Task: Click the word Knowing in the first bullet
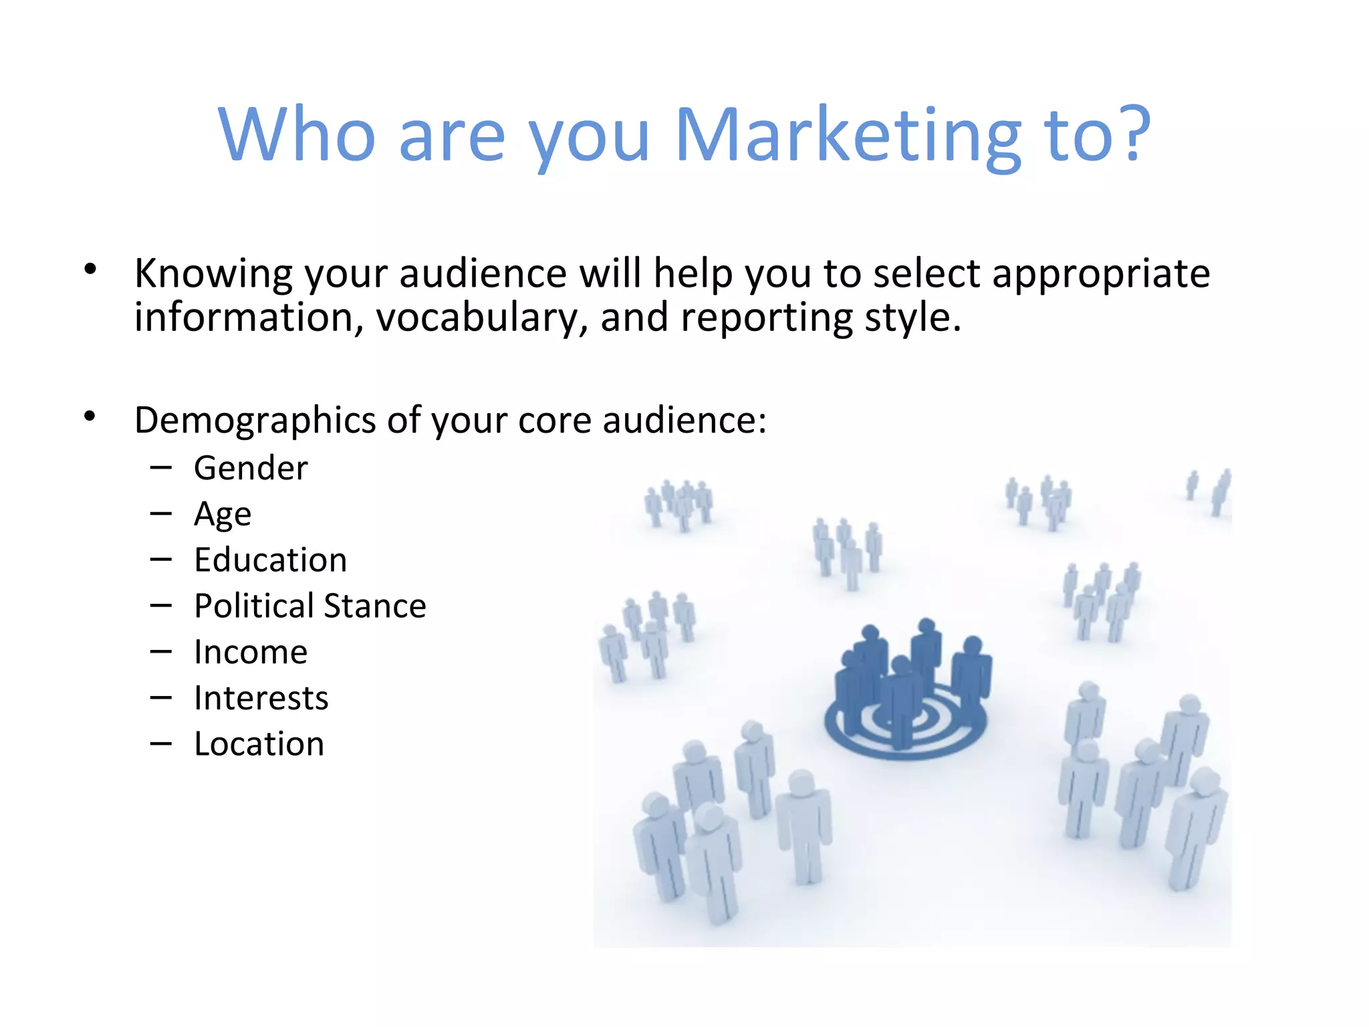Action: pyautogui.click(x=213, y=274)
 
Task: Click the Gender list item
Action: pyautogui.click(x=251, y=468)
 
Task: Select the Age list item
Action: pyautogui.click(x=223, y=515)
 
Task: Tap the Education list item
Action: pyautogui.click(x=270, y=560)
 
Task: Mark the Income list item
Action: pyautogui.click(x=251, y=653)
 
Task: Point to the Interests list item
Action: pyautogui.click(x=261, y=699)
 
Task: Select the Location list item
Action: pyautogui.click(x=259, y=744)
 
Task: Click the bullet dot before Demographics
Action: pyautogui.click(x=90, y=417)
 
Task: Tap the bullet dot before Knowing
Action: pyautogui.click(x=90, y=269)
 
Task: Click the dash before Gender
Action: pyautogui.click(x=161, y=468)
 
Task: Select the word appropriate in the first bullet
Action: pyautogui.click(x=1101, y=274)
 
